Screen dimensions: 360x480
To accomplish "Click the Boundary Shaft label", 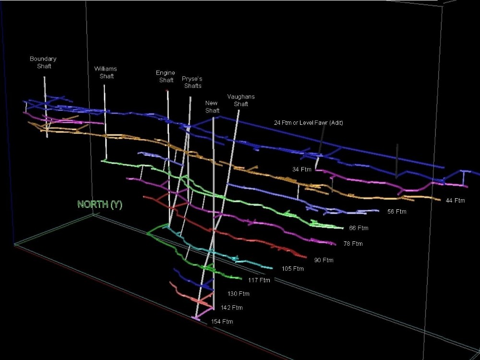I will (x=43, y=62).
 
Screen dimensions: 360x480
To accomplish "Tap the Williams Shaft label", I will (x=106, y=72).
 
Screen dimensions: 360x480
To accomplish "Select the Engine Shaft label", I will (x=166, y=76).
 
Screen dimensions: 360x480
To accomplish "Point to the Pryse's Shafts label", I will (x=192, y=82).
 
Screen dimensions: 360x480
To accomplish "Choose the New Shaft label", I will (x=212, y=107).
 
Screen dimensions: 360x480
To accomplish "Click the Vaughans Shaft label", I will (x=241, y=100).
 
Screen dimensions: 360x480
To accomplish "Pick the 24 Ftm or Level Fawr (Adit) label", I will (x=309, y=123).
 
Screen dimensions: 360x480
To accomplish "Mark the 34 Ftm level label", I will (x=302, y=169).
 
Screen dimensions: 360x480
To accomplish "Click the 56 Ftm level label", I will (x=397, y=212).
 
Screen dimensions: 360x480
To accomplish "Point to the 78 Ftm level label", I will (x=353, y=244).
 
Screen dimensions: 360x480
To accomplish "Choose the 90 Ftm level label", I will (x=324, y=260).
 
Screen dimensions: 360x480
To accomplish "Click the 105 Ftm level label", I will (x=293, y=269).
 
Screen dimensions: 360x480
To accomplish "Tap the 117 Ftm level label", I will (x=259, y=280).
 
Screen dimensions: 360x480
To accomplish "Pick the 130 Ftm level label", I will (x=239, y=294).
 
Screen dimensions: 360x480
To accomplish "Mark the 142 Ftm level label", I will (x=232, y=308).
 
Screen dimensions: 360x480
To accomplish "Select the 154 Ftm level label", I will (x=222, y=322).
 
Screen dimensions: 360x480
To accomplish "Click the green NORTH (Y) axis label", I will (x=100, y=204).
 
